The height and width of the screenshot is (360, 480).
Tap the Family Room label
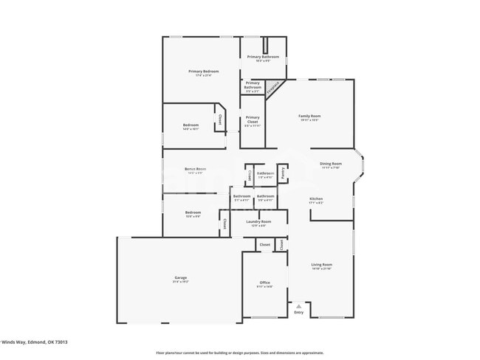(x=309, y=116)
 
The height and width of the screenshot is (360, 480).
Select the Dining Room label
(x=330, y=163)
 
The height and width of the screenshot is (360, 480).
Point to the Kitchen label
(x=316, y=198)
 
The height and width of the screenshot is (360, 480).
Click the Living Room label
(x=321, y=264)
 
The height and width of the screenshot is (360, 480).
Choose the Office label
(x=265, y=283)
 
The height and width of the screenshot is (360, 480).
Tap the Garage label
(x=180, y=277)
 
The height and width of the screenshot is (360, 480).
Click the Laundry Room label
(x=258, y=221)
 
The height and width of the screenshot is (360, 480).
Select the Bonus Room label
(x=195, y=169)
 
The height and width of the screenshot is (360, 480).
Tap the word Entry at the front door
(x=298, y=313)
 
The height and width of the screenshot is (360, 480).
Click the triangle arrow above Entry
(x=298, y=305)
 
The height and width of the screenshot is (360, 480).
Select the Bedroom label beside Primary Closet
(x=191, y=125)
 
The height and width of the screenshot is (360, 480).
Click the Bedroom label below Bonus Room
(x=192, y=212)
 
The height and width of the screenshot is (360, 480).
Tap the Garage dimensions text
(x=180, y=282)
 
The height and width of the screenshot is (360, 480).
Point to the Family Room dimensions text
(x=309, y=120)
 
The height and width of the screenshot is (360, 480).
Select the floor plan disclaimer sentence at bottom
(x=239, y=353)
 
